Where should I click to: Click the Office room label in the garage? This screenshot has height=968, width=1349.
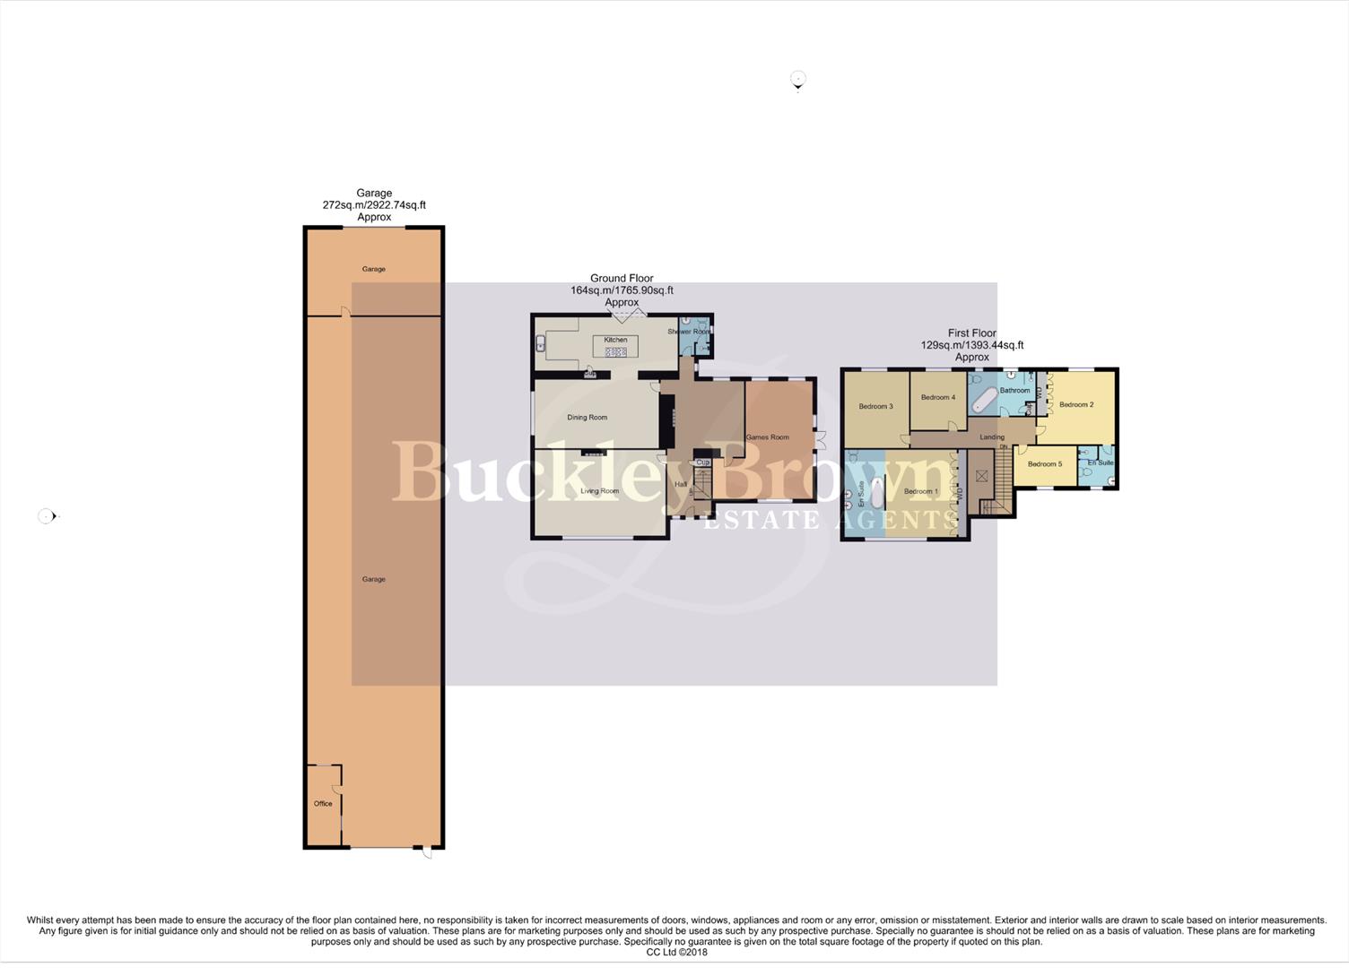click(323, 804)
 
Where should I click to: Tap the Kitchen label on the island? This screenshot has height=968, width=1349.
click(615, 340)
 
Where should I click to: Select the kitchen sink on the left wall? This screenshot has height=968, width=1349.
click(540, 341)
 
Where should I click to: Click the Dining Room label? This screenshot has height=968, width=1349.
click(587, 418)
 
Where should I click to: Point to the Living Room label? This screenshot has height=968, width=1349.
click(599, 491)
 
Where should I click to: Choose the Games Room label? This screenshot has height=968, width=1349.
click(768, 437)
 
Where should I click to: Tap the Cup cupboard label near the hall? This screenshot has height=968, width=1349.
click(702, 462)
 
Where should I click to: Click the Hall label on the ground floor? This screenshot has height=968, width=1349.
click(681, 485)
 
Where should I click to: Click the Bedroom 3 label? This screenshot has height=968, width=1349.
click(875, 407)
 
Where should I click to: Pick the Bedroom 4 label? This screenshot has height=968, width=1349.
click(938, 397)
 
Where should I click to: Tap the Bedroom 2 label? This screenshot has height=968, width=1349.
click(1076, 405)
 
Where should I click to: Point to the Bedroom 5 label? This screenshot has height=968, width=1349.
click(1045, 464)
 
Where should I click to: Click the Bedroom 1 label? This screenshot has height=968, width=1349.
click(920, 491)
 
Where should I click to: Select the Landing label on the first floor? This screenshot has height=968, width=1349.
click(992, 437)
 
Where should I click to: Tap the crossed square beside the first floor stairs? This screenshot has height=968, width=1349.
click(982, 476)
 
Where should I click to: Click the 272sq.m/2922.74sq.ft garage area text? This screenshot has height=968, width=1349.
click(374, 205)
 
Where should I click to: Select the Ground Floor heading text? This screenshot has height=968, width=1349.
click(622, 279)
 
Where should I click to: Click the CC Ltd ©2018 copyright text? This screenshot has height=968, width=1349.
click(676, 952)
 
